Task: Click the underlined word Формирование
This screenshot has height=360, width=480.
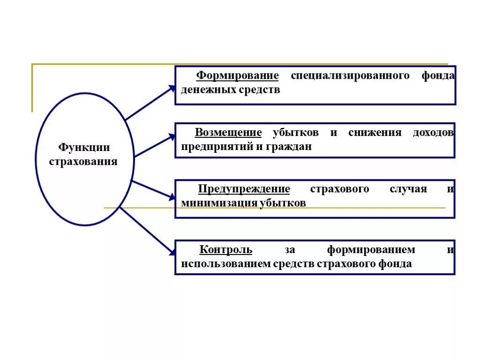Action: [237, 76]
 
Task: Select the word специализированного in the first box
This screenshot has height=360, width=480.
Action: [350, 76]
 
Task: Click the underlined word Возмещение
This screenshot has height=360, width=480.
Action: [228, 133]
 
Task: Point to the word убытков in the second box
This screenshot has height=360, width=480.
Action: [296, 133]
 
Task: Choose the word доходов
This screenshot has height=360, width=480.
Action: [433, 133]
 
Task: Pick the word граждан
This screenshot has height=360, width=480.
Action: [291, 147]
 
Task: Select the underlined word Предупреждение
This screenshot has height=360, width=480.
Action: [244, 189]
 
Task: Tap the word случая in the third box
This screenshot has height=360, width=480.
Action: [408, 189]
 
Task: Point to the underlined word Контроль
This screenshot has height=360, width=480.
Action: [226, 250]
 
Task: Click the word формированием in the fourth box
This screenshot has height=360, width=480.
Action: [371, 250]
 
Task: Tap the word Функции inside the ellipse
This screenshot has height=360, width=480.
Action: [84, 148]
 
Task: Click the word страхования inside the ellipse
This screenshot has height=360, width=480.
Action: [83, 162]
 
